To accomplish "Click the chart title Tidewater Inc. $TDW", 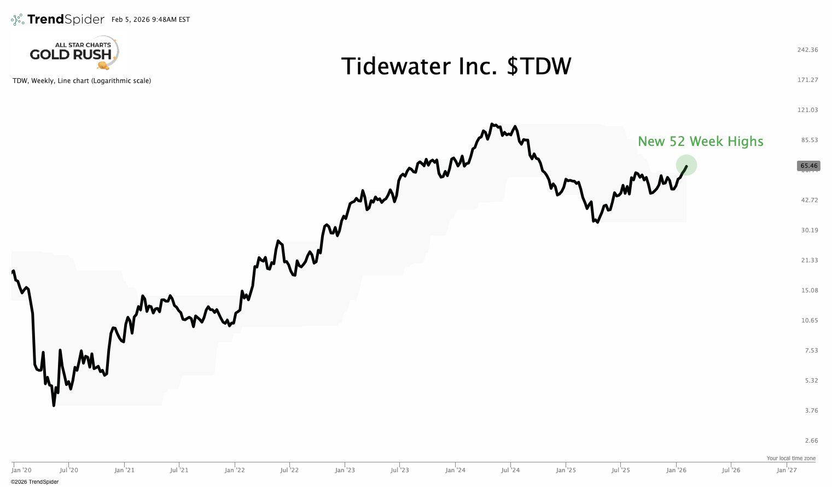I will click(x=456, y=67).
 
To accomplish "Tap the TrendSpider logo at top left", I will click(x=57, y=20).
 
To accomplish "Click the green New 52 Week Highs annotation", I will click(x=700, y=142).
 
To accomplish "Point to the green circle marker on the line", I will click(x=686, y=165).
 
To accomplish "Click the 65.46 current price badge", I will click(x=808, y=166).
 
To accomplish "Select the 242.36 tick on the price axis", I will click(x=807, y=50).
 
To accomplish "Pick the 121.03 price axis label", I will click(x=807, y=110).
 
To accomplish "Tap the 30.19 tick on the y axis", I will click(x=809, y=230).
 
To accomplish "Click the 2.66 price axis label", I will click(x=811, y=441).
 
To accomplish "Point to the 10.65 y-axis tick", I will click(x=809, y=320).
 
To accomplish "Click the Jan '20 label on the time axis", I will click(x=21, y=470).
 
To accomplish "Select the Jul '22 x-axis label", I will click(x=289, y=470).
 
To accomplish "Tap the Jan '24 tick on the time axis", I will click(x=455, y=470).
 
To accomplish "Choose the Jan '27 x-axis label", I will click(x=787, y=470).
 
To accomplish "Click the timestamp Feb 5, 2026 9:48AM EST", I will click(x=150, y=20).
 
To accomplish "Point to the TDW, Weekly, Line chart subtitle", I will click(x=82, y=81).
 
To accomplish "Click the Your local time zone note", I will click(x=790, y=459).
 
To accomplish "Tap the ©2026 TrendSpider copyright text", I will click(x=34, y=482).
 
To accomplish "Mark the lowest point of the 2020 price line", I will click(x=54, y=406).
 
